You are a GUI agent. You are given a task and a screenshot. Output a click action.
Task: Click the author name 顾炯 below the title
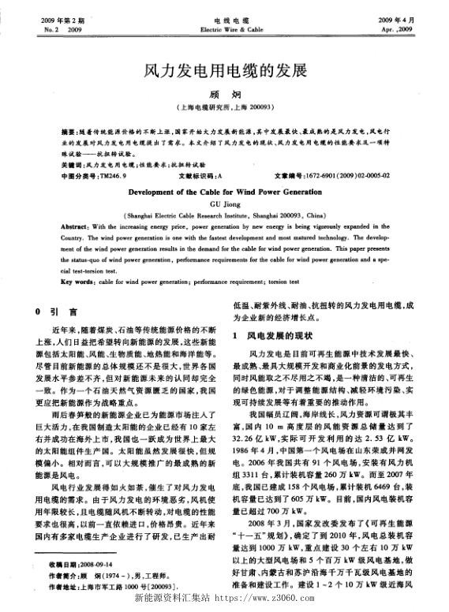pos(223,95)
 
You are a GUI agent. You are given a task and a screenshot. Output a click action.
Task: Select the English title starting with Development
pos(223,192)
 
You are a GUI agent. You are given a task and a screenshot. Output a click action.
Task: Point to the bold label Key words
pos(80,281)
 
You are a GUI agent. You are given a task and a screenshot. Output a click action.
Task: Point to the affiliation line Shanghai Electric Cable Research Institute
pos(223,214)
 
